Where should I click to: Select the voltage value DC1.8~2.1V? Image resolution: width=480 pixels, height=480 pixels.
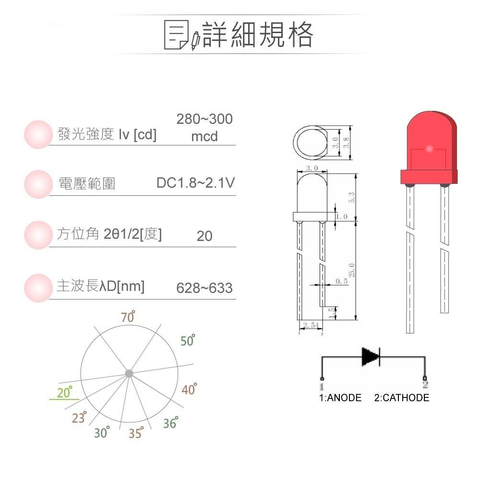(195, 183)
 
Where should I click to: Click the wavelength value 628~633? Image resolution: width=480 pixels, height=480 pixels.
(204, 288)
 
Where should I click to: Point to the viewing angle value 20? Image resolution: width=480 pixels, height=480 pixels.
(204, 236)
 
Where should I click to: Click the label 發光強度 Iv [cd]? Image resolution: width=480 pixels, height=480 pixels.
(107, 135)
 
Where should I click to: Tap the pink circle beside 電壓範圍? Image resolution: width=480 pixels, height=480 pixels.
(37, 184)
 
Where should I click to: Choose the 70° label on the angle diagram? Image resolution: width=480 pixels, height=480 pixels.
(128, 317)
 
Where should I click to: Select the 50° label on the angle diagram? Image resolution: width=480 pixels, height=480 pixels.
(188, 341)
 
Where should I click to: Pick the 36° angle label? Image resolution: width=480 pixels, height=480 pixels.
(170, 423)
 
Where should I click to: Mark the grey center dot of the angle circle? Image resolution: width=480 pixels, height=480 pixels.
(129, 373)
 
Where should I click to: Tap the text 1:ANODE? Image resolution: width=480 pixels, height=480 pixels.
(340, 398)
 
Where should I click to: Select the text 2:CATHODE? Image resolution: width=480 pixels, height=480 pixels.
(401, 398)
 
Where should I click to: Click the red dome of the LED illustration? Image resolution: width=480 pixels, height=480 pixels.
(429, 139)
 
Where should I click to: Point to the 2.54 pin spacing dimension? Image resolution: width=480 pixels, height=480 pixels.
(311, 325)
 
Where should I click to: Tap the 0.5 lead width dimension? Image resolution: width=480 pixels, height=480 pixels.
(341, 281)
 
